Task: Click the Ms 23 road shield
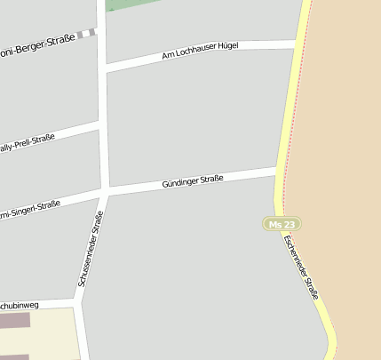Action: coord(282,224)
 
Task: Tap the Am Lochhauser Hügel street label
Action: coord(200,51)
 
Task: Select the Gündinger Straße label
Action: coord(192,181)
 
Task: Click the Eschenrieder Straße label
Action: coord(301,266)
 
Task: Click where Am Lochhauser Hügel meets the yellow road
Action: coord(297,43)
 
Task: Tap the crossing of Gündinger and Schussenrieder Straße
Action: coord(105,191)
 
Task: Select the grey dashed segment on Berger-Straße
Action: coord(85,34)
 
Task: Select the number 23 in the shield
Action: coord(290,224)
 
